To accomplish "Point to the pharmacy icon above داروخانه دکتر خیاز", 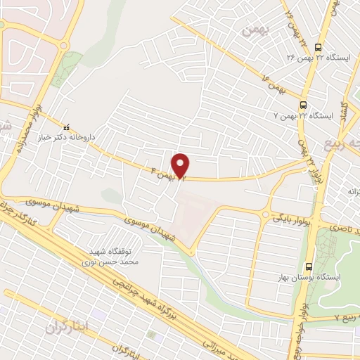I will coord(67,128).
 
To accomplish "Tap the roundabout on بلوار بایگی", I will coord(266,215).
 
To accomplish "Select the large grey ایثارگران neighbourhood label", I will coord(69,326).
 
